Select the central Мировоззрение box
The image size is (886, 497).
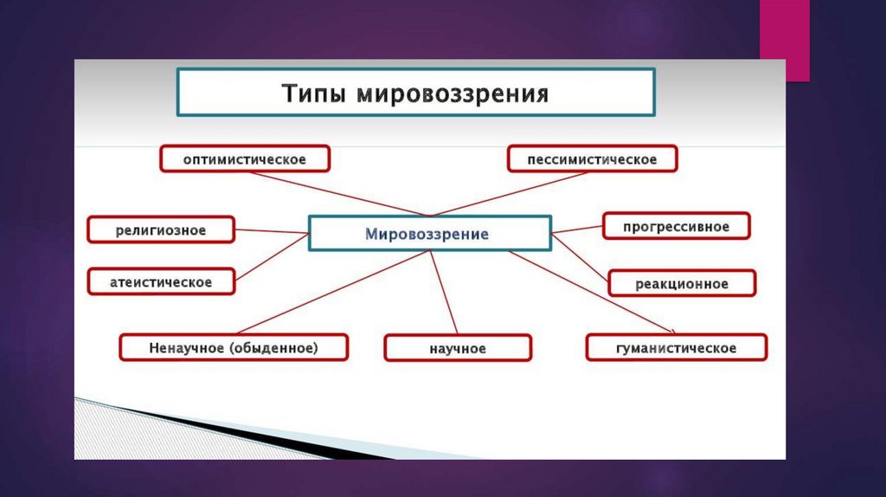[429, 234]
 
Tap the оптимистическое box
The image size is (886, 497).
[245, 159]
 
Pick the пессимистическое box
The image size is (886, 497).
[592, 159]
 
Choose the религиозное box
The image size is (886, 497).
[161, 230]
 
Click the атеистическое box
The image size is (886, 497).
[161, 282]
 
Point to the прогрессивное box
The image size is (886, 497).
[676, 227]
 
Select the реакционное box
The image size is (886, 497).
[682, 283]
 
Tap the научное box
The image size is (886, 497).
[458, 348]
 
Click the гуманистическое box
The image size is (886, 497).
[676, 348]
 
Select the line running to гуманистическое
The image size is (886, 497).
[597, 294]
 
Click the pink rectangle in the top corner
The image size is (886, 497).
[785, 40]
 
